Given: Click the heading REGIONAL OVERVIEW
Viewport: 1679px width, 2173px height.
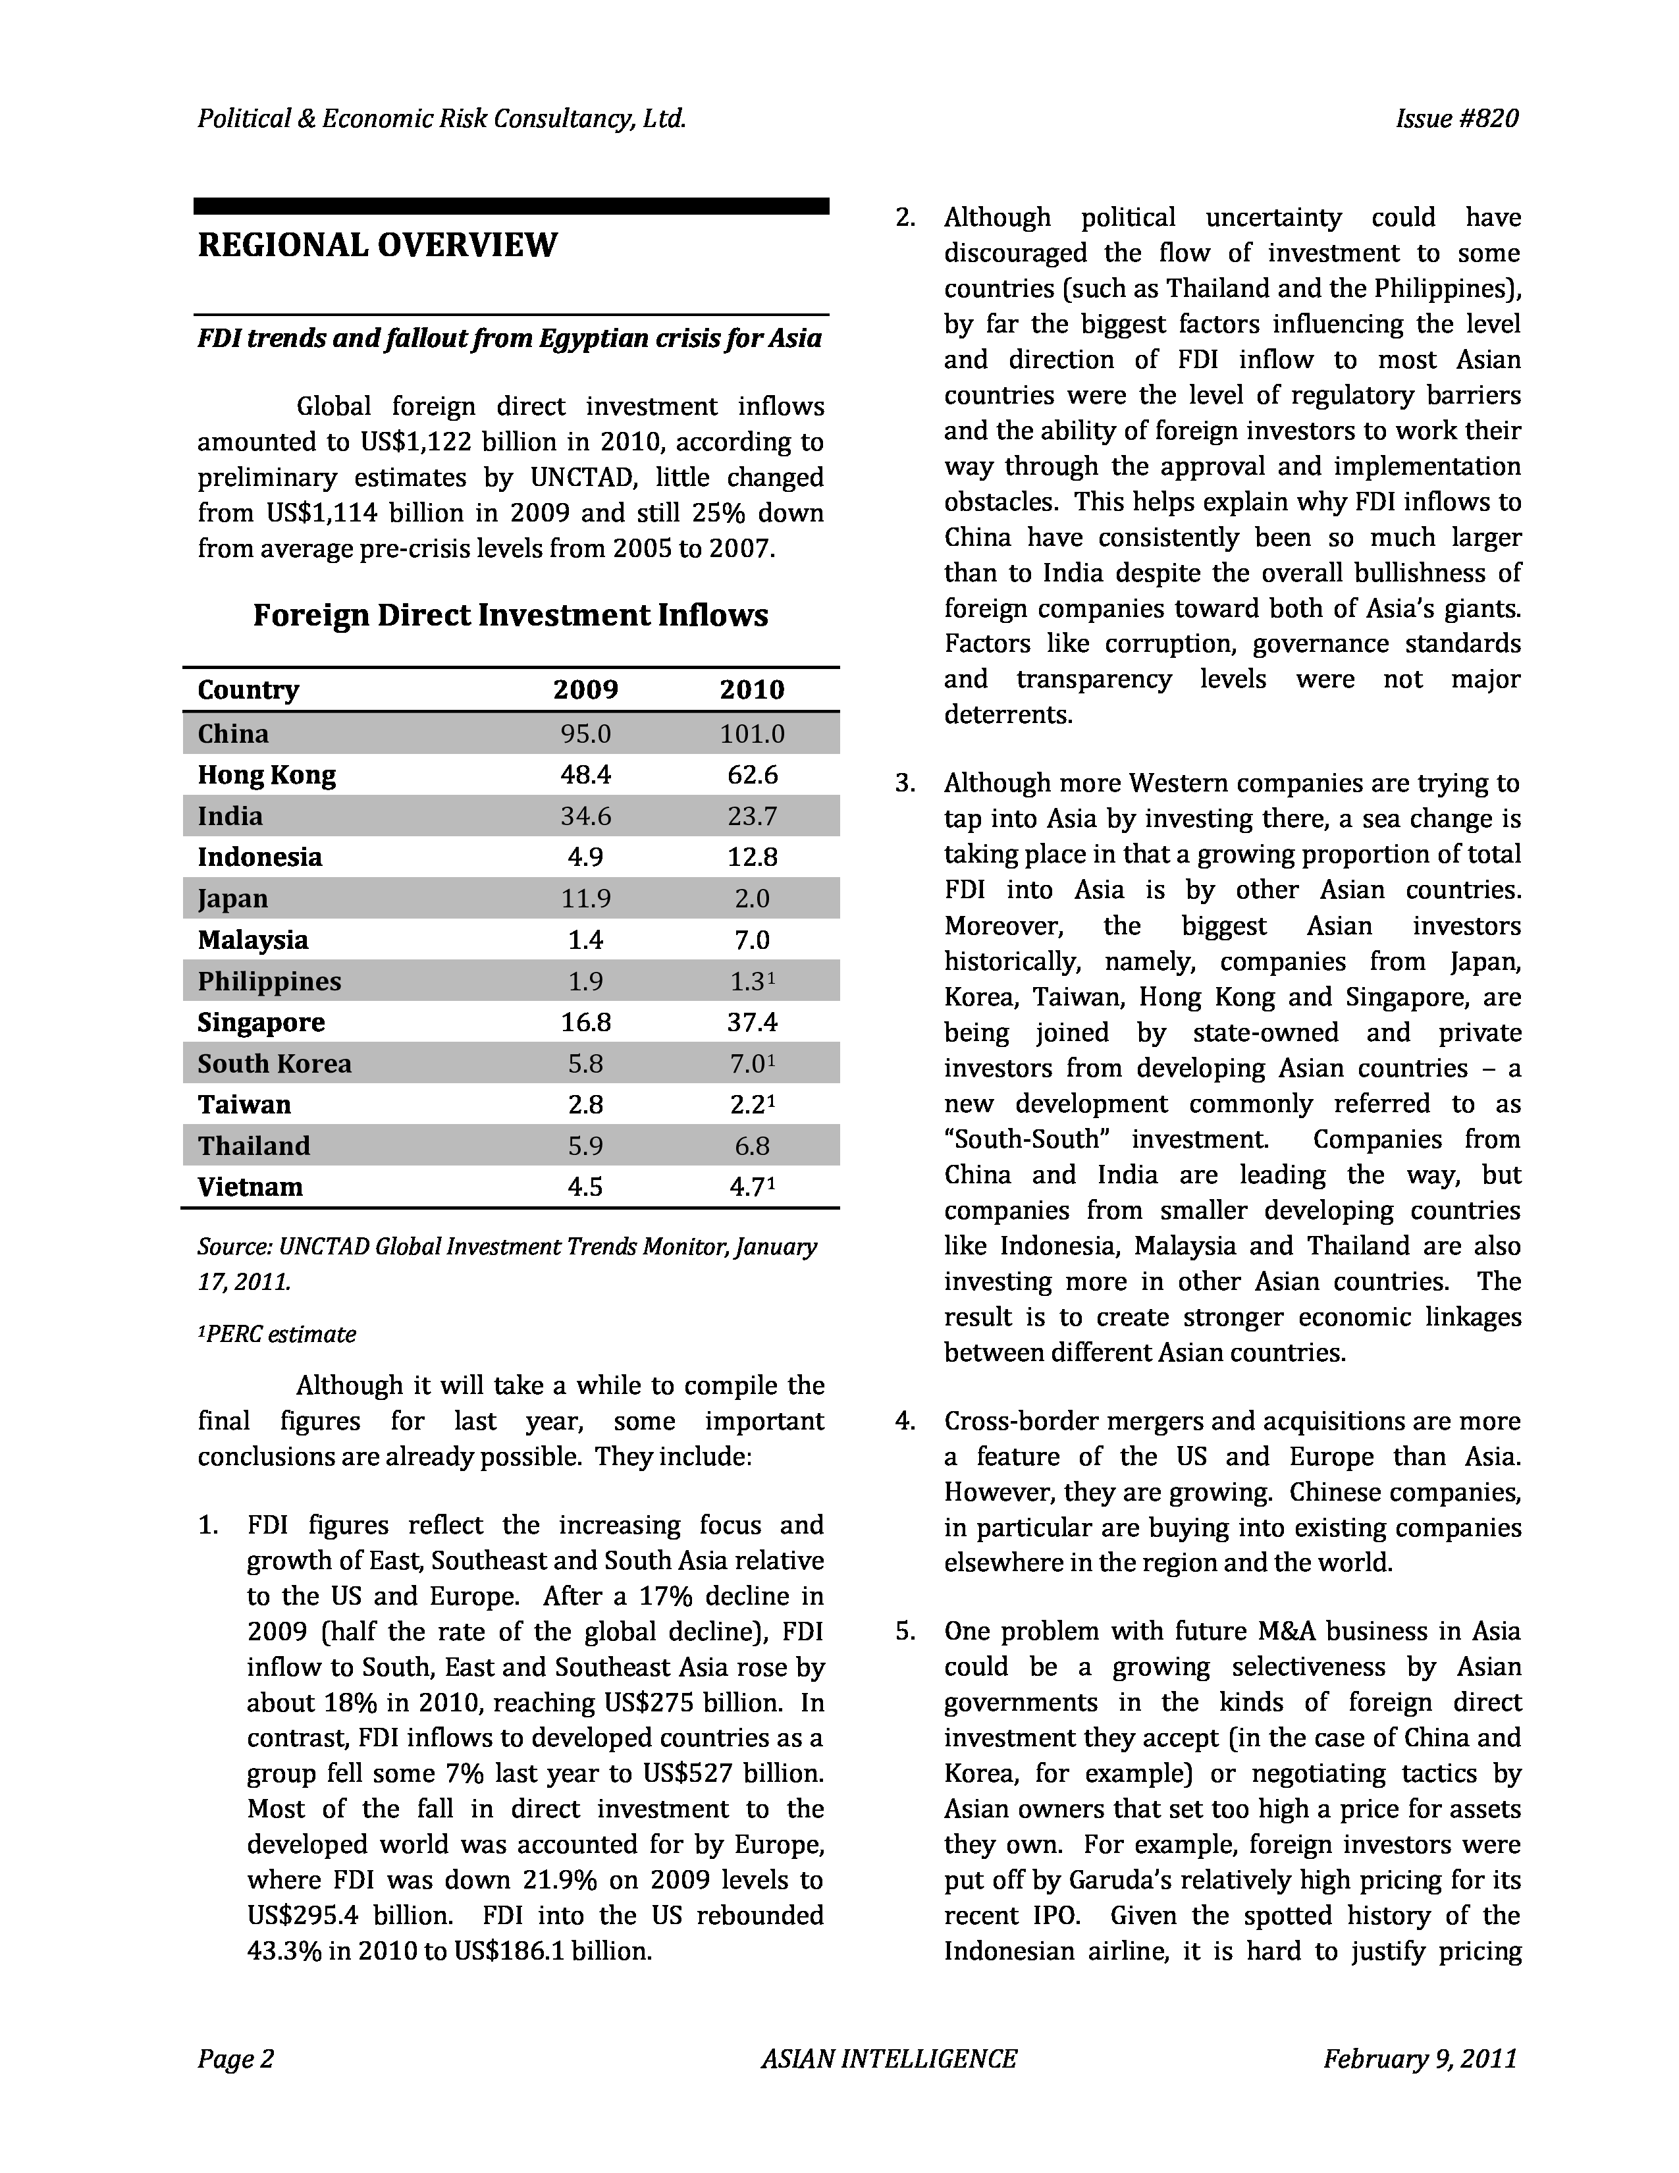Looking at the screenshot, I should [x=377, y=245].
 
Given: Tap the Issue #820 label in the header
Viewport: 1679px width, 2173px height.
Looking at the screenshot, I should [x=1456, y=119].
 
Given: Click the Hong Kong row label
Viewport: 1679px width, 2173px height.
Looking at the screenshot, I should [x=267, y=775].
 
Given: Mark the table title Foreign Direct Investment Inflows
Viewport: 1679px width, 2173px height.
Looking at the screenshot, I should [x=510, y=615].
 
